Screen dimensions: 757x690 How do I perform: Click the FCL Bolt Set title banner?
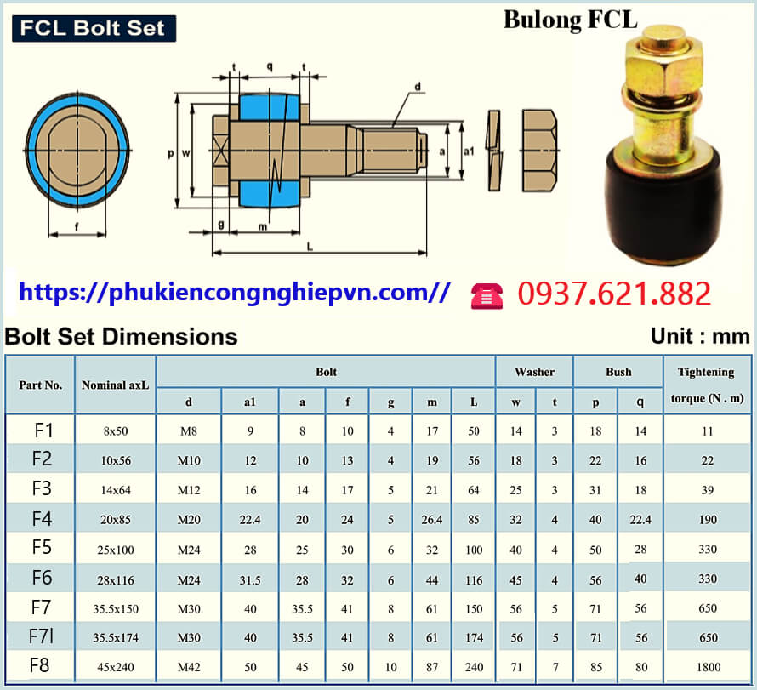tap(94, 28)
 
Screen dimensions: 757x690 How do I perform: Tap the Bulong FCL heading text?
tap(570, 20)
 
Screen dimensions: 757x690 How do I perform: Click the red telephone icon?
tap(487, 294)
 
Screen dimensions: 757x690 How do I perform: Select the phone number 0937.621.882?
tap(613, 294)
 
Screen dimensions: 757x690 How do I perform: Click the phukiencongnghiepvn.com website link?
tap(234, 293)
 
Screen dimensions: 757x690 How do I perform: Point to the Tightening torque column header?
tap(705, 384)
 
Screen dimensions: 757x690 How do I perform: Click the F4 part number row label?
tap(42, 518)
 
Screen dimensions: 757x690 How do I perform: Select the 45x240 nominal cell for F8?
tap(116, 666)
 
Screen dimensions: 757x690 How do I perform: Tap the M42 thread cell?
tap(189, 666)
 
